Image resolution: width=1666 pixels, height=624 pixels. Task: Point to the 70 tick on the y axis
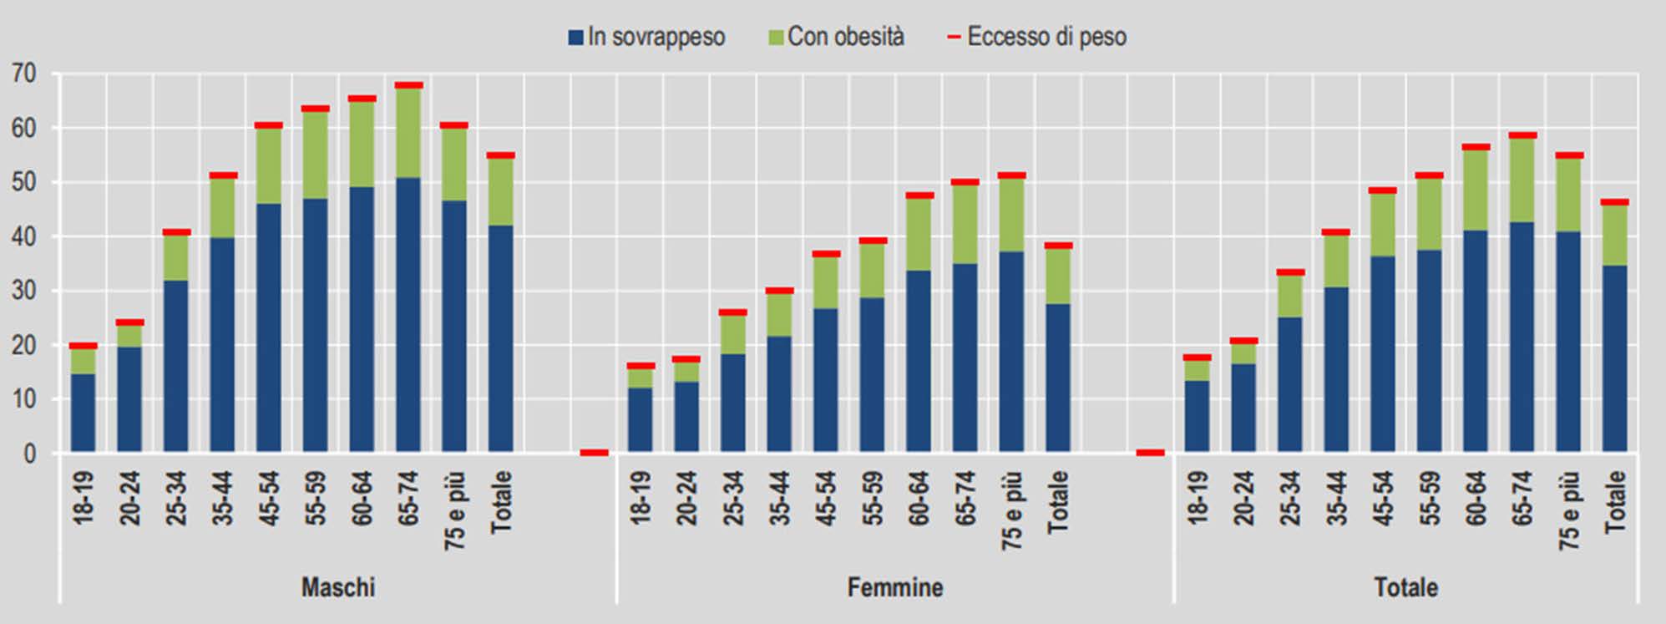pyautogui.click(x=24, y=74)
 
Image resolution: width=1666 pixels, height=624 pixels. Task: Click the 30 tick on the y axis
pyautogui.click(x=24, y=292)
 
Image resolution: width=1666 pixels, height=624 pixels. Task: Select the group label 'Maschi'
pyautogui.click(x=338, y=587)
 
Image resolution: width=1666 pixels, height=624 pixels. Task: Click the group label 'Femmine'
pyautogui.click(x=895, y=587)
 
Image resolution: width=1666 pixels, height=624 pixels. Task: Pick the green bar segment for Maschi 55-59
pyautogui.click(x=316, y=155)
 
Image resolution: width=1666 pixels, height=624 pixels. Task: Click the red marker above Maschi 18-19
pyautogui.click(x=84, y=345)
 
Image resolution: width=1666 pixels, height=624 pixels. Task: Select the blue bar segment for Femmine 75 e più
pyautogui.click(x=1011, y=352)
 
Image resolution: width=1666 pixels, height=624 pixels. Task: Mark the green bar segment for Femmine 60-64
pyautogui.click(x=919, y=235)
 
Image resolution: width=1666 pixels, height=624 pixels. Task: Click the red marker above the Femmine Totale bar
pyautogui.click(x=1058, y=246)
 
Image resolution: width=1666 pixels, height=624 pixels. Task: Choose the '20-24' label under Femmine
pyautogui.click(x=686, y=498)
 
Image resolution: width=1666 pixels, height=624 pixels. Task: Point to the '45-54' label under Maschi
pyautogui.click(x=269, y=498)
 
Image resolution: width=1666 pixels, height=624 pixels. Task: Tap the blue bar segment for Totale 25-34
pyautogui.click(x=1290, y=385)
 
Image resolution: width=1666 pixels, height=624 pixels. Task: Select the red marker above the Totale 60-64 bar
pyautogui.click(x=1476, y=147)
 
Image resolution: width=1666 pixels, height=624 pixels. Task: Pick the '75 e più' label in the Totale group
pyautogui.click(x=1569, y=510)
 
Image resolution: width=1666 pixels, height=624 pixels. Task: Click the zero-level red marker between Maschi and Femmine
pyautogui.click(x=594, y=452)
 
